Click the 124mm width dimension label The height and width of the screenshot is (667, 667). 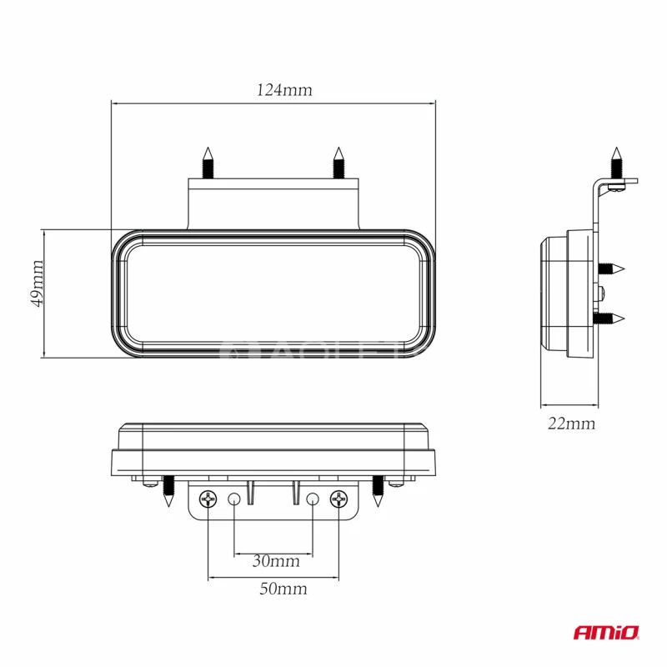coord(284,90)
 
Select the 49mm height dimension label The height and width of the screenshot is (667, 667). coord(37,283)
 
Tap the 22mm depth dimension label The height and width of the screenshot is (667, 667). coord(571,424)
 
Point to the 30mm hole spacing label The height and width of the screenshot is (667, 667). coord(275,561)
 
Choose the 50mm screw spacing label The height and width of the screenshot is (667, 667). coord(283,589)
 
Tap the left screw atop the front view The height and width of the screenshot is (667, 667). coord(208,163)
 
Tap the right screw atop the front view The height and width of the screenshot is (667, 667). coord(338,163)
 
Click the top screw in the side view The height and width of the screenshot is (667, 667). coord(616,162)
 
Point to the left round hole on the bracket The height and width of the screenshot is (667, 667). coord(234,499)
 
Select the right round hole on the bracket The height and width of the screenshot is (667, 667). coord(313,499)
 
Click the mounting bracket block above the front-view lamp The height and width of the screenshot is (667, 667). coord(273,204)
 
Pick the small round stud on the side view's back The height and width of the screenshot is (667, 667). coord(602,293)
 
